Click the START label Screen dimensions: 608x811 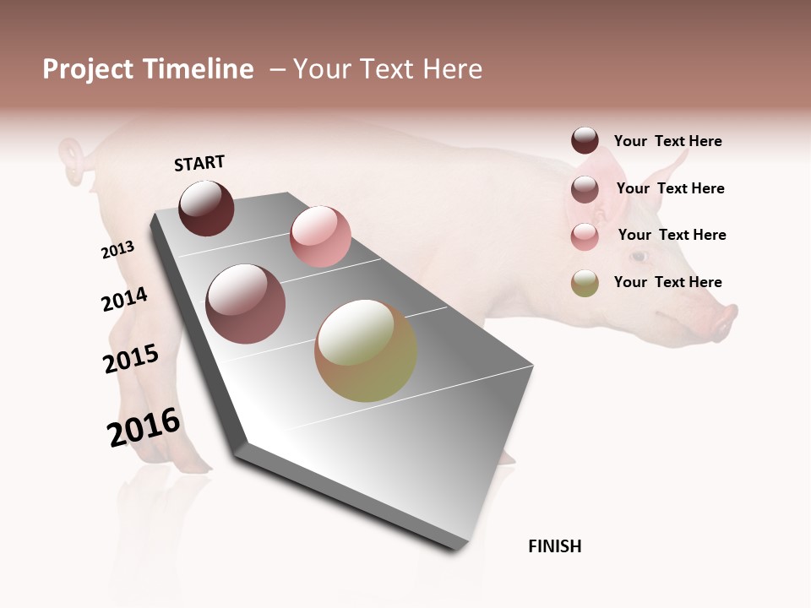coord(199,163)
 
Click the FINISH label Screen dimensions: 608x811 coord(555,546)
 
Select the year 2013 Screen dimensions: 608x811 coord(117,250)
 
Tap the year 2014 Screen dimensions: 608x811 coord(124,300)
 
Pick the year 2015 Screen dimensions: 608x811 coord(131,359)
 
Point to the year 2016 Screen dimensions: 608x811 coord(144,427)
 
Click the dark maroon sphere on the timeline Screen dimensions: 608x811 coord(206,208)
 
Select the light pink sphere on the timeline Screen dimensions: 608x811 coord(320,236)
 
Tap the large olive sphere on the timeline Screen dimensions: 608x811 coord(366,350)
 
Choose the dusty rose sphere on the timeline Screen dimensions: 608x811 coord(246,304)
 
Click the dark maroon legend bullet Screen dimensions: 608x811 coord(585,141)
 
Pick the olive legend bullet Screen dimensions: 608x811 coord(585,283)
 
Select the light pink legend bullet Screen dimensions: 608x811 coord(585,236)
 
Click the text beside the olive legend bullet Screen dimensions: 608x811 coord(668,282)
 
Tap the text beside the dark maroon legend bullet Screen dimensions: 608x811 coord(668,141)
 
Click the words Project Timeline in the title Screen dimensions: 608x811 coord(148,69)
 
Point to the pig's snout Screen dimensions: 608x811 coord(724,322)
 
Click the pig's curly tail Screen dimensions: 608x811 coord(73,160)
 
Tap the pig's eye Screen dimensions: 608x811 coord(640,256)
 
